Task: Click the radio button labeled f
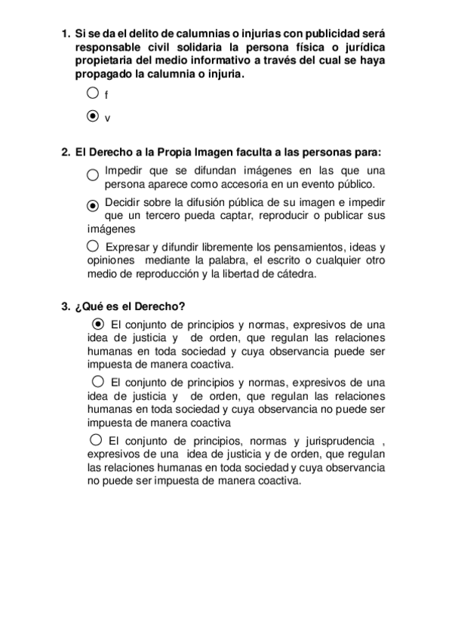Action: pos(92,94)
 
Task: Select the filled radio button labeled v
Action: pos(92,116)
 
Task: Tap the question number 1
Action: pos(65,34)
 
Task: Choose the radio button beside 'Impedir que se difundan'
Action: pos(92,174)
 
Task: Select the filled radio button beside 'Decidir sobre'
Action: pos(93,205)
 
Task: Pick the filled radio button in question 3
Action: pos(97,324)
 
